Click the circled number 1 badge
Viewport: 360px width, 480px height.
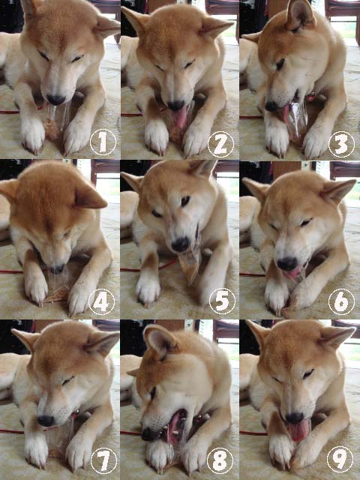click(x=103, y=142)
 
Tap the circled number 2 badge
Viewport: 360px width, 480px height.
click(x=220, y=144)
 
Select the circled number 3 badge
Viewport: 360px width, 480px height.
click(x=342, y=144)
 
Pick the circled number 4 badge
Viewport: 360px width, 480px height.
click(x=102, y=301)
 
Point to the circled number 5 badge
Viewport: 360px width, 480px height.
click(x=222, y=301)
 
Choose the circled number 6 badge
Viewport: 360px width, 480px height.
click(x=341, y=301)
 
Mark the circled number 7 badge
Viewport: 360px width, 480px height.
click(x=103, y=460)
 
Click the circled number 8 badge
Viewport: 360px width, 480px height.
click(x=220, y=460)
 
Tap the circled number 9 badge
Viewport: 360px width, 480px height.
click(x=340, y=459)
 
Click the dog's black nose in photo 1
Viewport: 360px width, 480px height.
click(x=55, y=100)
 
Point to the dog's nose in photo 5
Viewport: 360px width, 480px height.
click(x=180, y=244)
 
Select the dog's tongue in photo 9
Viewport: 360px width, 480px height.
click(x=298, y=431)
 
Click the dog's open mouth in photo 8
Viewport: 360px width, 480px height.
click(x=175, y=426)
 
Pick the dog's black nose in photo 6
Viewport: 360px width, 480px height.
click(x=287, y=263)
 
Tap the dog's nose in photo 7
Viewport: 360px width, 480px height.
click(x=46, y=421)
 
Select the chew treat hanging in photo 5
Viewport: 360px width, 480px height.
click(x=190, y=264)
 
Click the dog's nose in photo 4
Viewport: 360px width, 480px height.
click(x=57, y=269)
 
